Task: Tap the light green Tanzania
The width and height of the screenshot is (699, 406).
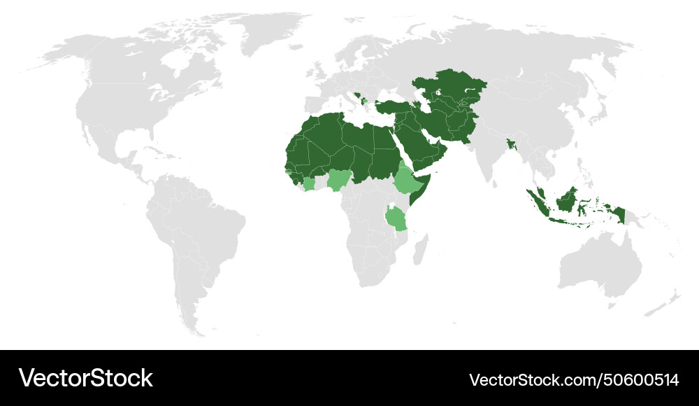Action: pos(396,218)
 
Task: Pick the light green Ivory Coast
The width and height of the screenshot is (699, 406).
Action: pos(309,185)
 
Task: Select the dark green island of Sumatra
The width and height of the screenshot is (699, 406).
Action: pos(538,202)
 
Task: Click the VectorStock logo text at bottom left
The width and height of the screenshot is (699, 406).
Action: pos(86,379)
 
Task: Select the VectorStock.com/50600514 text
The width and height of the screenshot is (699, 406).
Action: pos(574,380)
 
